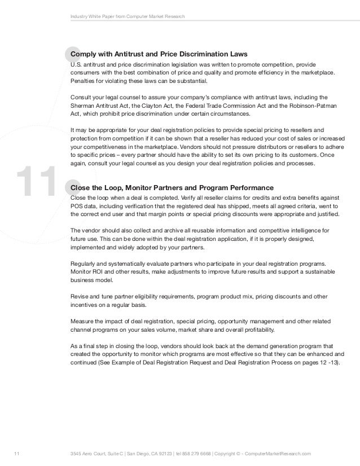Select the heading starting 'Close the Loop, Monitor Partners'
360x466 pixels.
tap(172, 187)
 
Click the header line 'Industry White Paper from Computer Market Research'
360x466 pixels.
tap(131, 16)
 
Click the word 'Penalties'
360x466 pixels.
tap(82, 81)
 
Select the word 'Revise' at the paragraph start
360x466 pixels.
tap(79, 296)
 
